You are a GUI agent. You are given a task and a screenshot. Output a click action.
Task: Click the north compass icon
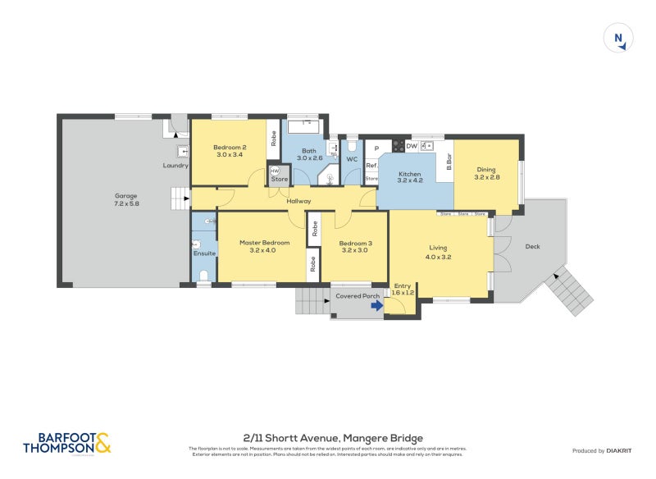pos(617,39)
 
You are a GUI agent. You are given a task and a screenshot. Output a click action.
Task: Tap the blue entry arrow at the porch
pos(376,306)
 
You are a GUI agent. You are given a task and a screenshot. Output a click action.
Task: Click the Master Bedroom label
pos(264,243)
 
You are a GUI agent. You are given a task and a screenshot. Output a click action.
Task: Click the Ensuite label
pos(204,253)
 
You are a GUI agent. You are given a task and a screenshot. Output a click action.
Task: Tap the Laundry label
pos(175,165)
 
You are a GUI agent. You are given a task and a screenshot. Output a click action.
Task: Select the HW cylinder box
pos(274,170)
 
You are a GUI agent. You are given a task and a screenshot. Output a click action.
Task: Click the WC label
pos(351,159)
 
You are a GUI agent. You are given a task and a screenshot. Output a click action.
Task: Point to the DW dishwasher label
pos(411,146)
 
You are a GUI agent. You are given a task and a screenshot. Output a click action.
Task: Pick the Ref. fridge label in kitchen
pos(371,166)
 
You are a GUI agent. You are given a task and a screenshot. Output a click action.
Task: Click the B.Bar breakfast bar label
pos(449,162)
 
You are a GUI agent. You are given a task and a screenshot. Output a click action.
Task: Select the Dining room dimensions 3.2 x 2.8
pos(487,177)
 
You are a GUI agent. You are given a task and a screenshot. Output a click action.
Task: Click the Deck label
pos(533,246)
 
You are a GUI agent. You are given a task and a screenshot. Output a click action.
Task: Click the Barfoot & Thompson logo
pos(66,443)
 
